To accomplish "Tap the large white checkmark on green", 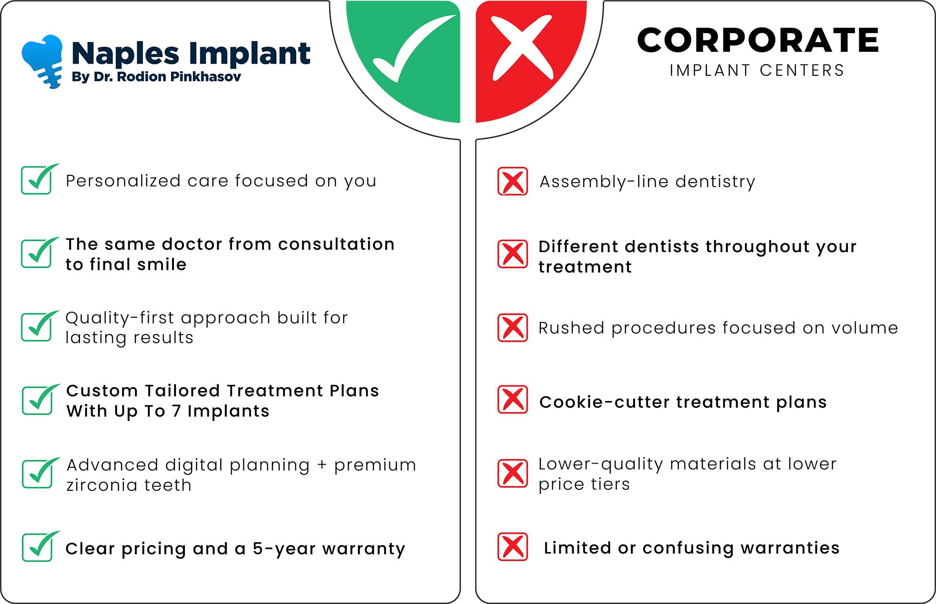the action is coord(412,49).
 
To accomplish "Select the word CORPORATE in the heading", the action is coord(758,40).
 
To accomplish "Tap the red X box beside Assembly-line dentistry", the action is coord(512,181).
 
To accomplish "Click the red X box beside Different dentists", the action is coord(512,254).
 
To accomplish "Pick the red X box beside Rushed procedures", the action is coord(512,327).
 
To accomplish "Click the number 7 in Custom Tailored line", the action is coord(176,411).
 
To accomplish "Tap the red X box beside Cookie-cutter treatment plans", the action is coord(512,400).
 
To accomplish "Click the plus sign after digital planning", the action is coord(322,465).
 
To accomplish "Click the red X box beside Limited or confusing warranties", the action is coord(512,546).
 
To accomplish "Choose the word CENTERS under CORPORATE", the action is coord(802,70).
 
